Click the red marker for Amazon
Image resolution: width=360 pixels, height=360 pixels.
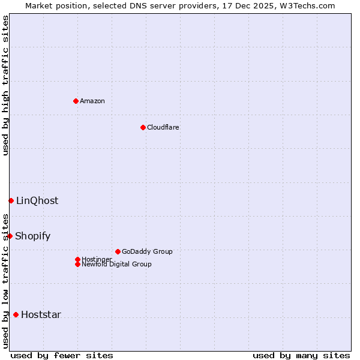(x=76, y=101)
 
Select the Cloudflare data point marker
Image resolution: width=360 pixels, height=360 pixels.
(x=143, y=127)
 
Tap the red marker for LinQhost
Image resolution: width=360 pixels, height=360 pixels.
(x=11, y=200)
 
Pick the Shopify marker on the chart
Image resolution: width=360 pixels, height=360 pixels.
(x=10, y=236)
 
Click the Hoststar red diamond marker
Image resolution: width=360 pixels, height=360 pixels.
(x=16, y=314)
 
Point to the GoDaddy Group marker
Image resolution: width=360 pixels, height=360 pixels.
(x=118, y=251)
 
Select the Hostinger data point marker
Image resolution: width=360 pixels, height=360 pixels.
(x=77, y=259)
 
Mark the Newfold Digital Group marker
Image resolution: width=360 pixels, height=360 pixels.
(x=77, y=264)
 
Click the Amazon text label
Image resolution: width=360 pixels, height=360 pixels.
(x=92, y=101)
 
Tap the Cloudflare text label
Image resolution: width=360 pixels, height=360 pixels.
(x=163, y=127)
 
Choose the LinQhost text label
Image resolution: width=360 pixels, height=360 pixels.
(x=37, y=200)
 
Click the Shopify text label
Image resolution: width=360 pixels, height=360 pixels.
(x=33, y=236)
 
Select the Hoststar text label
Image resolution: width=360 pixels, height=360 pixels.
(x=41, y=314)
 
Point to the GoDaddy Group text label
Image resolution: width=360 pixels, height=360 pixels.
(x=147, y=251)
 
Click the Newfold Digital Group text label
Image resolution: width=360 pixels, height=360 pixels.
(x=116, y=264)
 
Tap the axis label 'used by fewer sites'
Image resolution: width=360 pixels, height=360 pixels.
(x=62, y=355)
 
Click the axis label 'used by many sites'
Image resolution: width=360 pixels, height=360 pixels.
(x=301, y=355)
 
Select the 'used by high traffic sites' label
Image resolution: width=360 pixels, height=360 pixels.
(x=5, y=85)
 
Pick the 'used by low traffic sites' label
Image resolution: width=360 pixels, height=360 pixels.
(x=5, y=281)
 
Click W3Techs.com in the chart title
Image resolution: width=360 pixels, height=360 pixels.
(x=307, y=5)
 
